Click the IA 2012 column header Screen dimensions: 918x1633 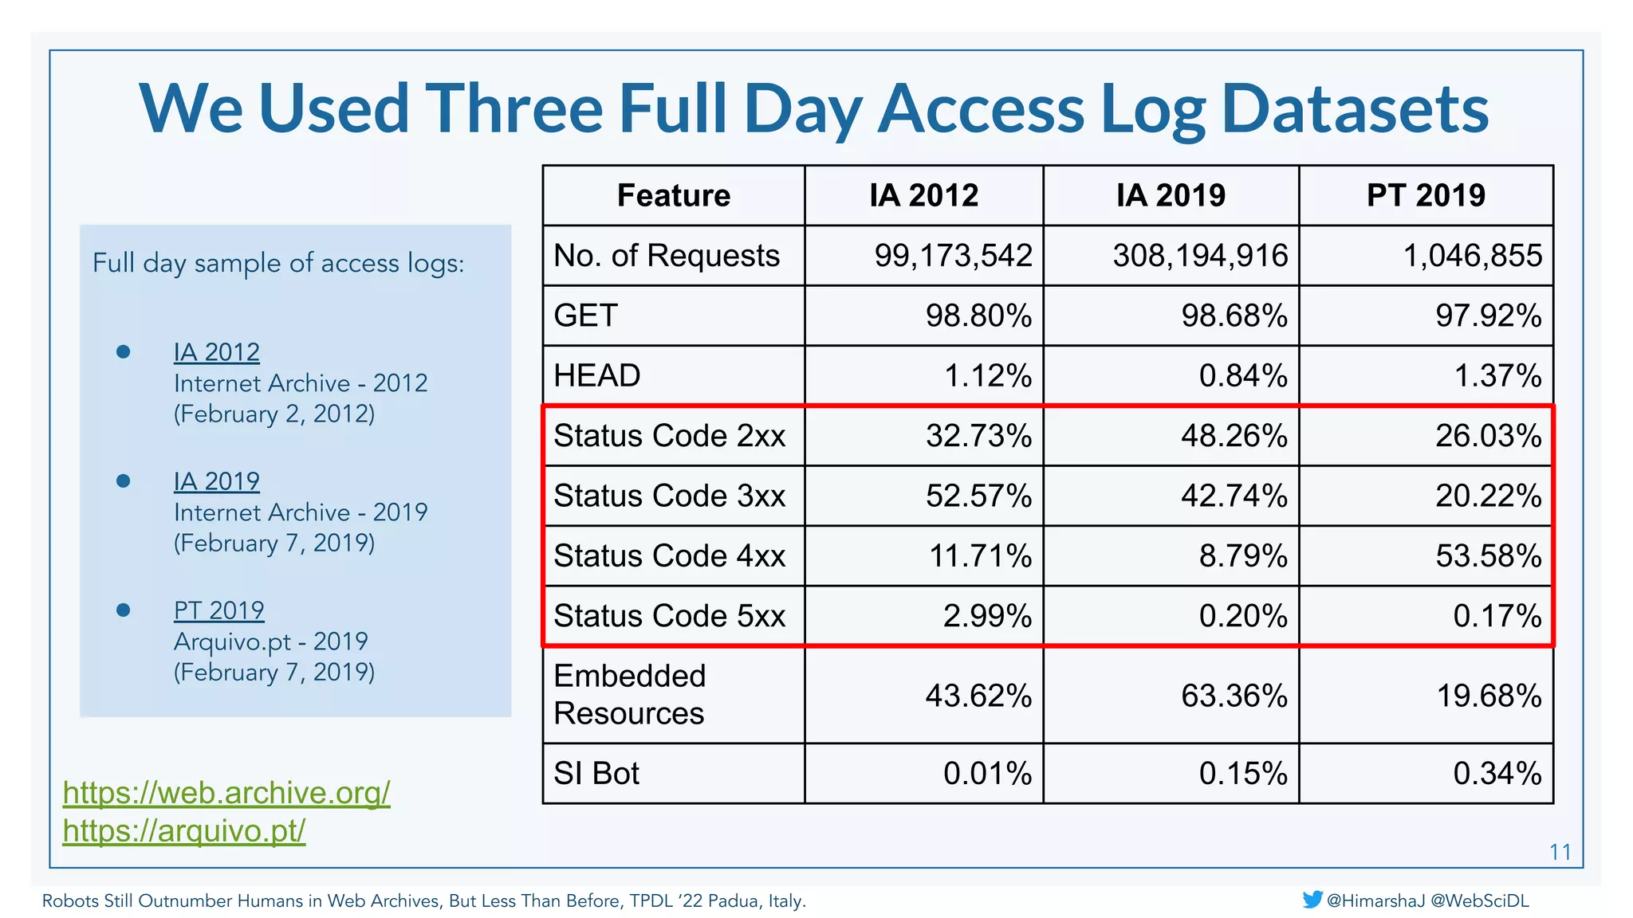click(x=923, y=195)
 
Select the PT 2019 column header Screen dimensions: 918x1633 click(x=1426, y=195)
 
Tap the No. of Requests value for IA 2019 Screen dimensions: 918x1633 click(x=1200, y=256)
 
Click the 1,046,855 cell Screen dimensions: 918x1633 click(x=1472, y=256)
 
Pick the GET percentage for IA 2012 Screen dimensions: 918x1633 click(x=978, y=316)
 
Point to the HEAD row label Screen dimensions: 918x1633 click(x=597, y=375)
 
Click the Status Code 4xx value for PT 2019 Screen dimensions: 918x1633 click(x=1488, y=555)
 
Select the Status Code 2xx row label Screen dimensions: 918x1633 click(x=669, y=436)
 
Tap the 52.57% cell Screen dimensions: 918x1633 click(x=978, y=496)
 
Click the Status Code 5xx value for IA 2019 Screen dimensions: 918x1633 click(x=1243, y=616)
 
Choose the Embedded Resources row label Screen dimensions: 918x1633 click(x=629, y=694)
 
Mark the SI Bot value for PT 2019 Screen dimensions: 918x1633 click(x=1497, y=773)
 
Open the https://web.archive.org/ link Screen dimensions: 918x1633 click(x=226, y=793)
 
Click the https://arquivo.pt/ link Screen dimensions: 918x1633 click(x=184, y=831)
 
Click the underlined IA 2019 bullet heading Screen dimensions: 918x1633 click(x=216, y=481)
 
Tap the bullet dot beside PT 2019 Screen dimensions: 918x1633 click(x=123, y=610)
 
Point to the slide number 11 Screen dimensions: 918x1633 click(x=1560, y=853)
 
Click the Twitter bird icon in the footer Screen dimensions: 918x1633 click(x=1312, y=900)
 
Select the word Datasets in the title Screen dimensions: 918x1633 click(x=1355, y=108)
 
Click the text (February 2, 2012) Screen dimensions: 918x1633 click(x=274, y=414)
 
